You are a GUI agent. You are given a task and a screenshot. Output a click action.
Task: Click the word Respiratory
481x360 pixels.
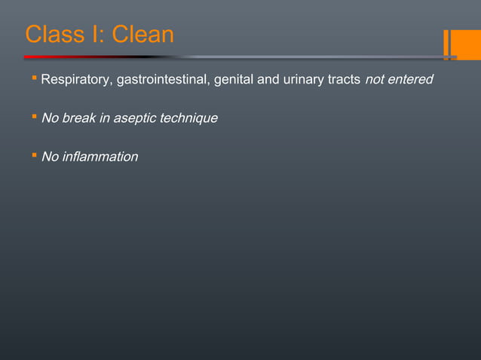tap(76, 79)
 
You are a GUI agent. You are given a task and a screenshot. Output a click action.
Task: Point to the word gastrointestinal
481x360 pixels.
tap(164, 79)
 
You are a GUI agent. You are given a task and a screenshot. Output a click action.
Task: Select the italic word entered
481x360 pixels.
tap(411, 79)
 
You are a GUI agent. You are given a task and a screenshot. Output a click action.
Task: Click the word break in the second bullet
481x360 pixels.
tap(78, 118)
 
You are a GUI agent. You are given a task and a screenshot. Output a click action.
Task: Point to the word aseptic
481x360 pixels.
tap(132, 118)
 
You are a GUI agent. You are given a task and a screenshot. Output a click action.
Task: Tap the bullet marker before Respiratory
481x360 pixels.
tap(35, 78)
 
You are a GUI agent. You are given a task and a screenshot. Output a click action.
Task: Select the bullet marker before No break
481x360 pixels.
tap(35, 117)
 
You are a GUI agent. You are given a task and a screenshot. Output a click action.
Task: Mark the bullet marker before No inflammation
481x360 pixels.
tap(35, 156)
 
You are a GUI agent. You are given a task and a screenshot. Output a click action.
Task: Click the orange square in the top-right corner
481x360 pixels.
tap(467, 44)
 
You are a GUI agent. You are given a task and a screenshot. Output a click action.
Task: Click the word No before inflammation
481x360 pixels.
tap(49, 157)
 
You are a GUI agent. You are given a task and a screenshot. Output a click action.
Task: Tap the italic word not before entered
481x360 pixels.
tap(375, 79)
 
